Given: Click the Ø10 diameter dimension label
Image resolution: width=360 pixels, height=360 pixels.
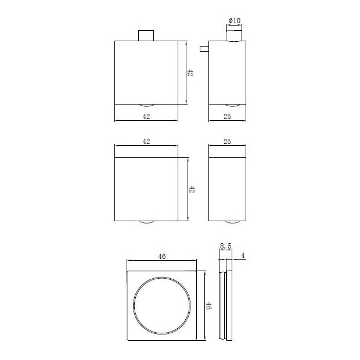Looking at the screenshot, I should (234, 21).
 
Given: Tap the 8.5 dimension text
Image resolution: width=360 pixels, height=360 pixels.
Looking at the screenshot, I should (226, 247).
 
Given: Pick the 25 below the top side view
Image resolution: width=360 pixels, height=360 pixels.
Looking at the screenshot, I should (228, 117).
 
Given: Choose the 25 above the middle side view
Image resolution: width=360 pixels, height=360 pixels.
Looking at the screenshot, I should (228, 141).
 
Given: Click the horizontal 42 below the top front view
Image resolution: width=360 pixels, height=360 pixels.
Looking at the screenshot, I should (146, 117).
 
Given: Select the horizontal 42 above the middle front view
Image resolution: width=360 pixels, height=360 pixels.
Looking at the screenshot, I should (146, 141).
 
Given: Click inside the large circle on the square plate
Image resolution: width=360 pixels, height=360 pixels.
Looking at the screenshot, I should (162, 306).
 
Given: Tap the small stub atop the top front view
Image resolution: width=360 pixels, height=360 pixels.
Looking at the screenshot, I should (146, 35).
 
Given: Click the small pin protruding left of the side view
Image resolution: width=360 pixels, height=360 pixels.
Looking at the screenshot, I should (204, 49).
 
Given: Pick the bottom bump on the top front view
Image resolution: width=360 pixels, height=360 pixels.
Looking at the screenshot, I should (146, 105).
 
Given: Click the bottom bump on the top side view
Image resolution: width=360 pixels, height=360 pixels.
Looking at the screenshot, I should (232, 105).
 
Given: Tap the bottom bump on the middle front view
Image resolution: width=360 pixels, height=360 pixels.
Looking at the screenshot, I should (146, 222).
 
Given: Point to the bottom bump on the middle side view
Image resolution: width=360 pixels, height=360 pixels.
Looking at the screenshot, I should (232, 222).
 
